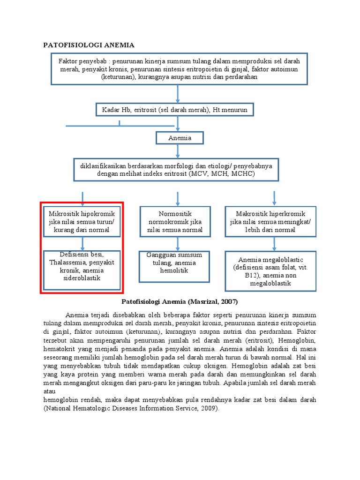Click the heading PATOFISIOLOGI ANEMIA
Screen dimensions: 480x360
pos(89,45)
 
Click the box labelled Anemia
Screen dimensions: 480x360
pos(180,138)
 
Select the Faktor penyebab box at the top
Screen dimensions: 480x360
pos(179,69)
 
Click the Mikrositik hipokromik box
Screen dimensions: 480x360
pos(82,222)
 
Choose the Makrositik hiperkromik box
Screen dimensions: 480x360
pos(270,222)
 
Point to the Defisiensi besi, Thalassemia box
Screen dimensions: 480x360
pos(82,266)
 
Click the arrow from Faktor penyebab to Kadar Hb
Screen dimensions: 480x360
pos(178,94)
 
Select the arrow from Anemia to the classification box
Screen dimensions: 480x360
pos(178,151)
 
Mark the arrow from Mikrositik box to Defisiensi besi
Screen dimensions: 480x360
pos(82,243)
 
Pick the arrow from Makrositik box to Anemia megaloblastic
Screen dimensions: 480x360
pos(274,244)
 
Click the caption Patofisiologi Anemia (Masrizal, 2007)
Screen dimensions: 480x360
pos(180,301)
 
